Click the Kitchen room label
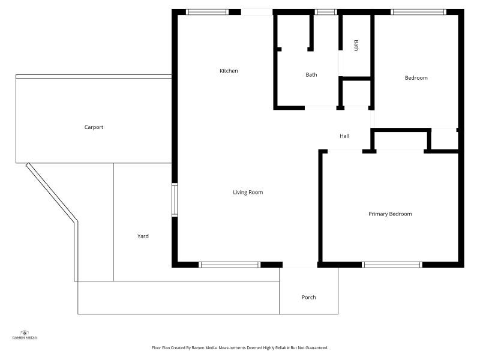click(229, 71)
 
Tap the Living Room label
click(248, 192)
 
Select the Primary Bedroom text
click(390, 214)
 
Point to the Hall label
click(344, 136)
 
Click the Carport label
click(94, 127)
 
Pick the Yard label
click(143, 236)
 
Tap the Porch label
click(308, 297)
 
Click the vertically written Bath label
click(356, 46)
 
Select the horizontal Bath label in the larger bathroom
click(311, 75)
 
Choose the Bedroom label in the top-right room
click(416, 78)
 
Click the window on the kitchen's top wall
click(207, 11)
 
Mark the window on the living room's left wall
click(175, 200)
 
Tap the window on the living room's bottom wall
click(230, 265)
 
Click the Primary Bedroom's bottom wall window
click(392, 265)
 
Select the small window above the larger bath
click(326, 11)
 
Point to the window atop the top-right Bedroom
click(418, 11)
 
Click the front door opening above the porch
click(299, 265)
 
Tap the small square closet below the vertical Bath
click(355, 93)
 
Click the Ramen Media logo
click(25, 335)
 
